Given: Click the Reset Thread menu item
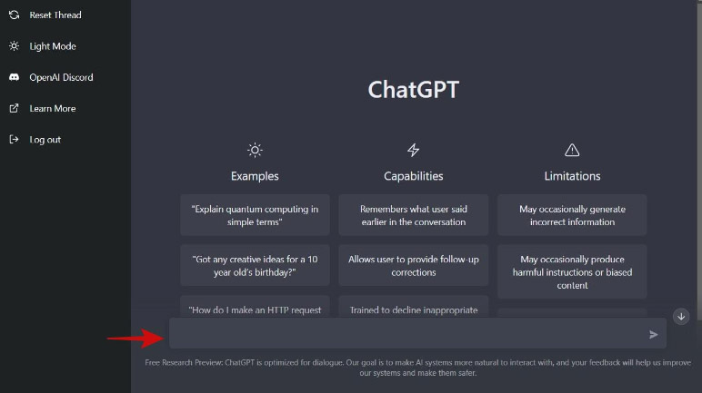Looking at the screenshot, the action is pyautogui.click(x=45, y=15).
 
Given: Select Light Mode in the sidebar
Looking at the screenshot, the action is pyautogui.click(x=43, y=46).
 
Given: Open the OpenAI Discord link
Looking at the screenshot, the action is pyautogui.click(x=51, y=77).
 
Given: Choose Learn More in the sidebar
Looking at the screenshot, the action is pyautogui.click(x=43, y=109).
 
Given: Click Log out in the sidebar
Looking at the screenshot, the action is pyautogui.click(x=35, y=140).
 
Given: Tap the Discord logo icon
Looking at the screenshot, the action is pyautogui.click(x=14, y=77).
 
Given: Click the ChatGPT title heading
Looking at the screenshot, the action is pyautogui.click(x=413, y=90).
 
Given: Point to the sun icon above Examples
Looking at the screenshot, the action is pyautogui.click(x=255, y=150).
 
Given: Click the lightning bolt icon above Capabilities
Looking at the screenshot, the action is pyautogui.click(x=413, y=150).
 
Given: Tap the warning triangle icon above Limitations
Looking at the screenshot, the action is pyautogui.click(x=572, y=151).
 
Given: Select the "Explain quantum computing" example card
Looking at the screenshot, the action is pyautogui.click(x=255, y=215).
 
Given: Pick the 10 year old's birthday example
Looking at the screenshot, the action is pyautogui.click(x=255, y=266).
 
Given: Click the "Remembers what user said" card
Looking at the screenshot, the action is pyautogui.click(x=413, y=215).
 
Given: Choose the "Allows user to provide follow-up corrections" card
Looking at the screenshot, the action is pyautogui.click(x=413, y=266).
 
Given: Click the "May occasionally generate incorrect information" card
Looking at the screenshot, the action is pyautogui.click(x=572, y=215).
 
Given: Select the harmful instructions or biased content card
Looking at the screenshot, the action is pyautogui.click(x=572, y=272).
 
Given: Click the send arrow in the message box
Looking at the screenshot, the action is pyautogui.click(x=653, y=334).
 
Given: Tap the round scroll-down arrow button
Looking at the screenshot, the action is pyautogui.click(x=681, y=317).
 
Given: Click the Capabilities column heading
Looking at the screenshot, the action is pyautogui.click(x=413, y=176).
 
